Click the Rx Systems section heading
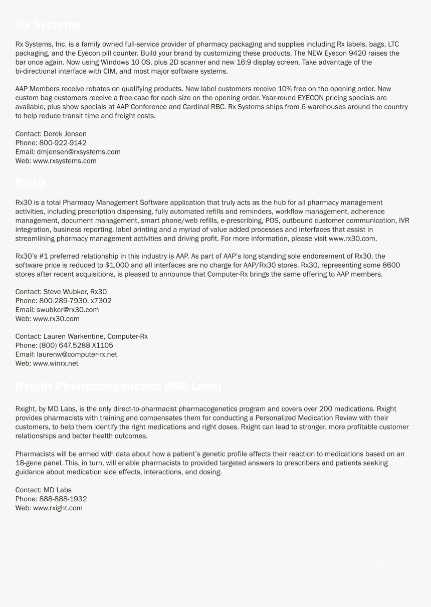(x=48, y=25)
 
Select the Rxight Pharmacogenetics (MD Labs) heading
(x=118, y=386)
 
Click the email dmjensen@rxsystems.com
(x=79, y=152)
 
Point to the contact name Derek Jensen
(x=65, y=134)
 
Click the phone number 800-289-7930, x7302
(x=75, y=301)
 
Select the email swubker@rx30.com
(x=68, y=310)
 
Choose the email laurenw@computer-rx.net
(x=77, y=354)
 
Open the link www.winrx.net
(x=56, y=363)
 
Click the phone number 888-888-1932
(x=63, y=499)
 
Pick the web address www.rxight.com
(x=58, y=508)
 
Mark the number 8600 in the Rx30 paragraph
(x=391, y=265)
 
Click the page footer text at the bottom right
(x=372, y=562)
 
